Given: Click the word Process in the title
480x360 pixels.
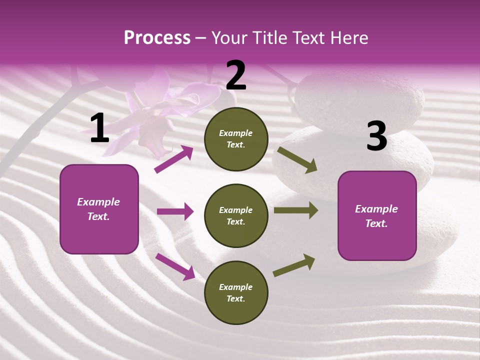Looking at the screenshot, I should coord(157,38).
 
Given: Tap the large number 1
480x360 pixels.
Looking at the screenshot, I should coord(99,128).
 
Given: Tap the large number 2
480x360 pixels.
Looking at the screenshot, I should coord(236,75).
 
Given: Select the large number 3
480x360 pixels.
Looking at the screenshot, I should coord(376,136).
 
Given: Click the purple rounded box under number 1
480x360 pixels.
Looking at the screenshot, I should coord(99,209).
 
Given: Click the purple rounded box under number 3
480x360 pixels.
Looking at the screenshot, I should coord(377,216).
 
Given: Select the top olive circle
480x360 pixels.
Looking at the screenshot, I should coord(236,139).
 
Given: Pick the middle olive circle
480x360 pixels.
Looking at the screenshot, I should coord(236,216).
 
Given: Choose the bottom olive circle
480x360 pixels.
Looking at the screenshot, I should coord(236,293).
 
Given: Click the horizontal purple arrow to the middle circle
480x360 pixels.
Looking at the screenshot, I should coord(175,212).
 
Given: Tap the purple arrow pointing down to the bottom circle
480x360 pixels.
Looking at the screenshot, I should coord(175,266).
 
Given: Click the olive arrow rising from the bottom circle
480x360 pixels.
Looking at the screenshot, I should coord(294,265).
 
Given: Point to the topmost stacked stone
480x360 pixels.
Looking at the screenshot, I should coord(357,97).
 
